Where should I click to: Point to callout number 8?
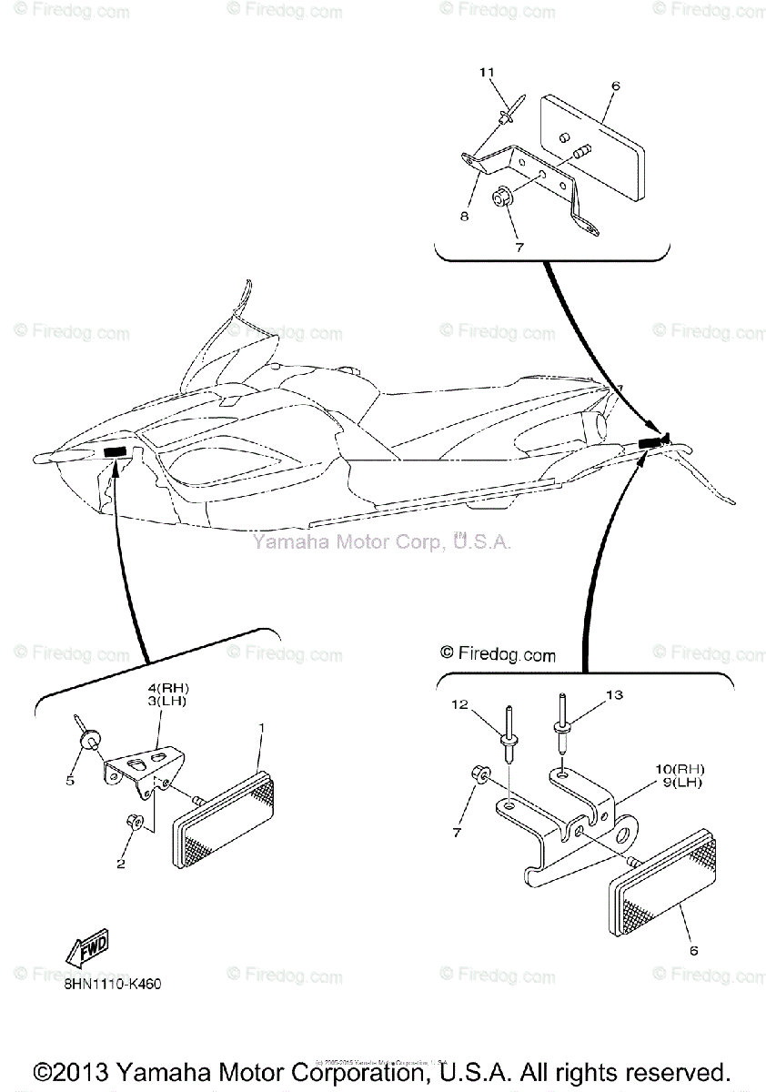[x=464, y=217]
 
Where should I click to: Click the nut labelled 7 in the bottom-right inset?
[x=481, y=774]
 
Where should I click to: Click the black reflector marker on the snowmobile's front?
[x=116, y=452]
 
